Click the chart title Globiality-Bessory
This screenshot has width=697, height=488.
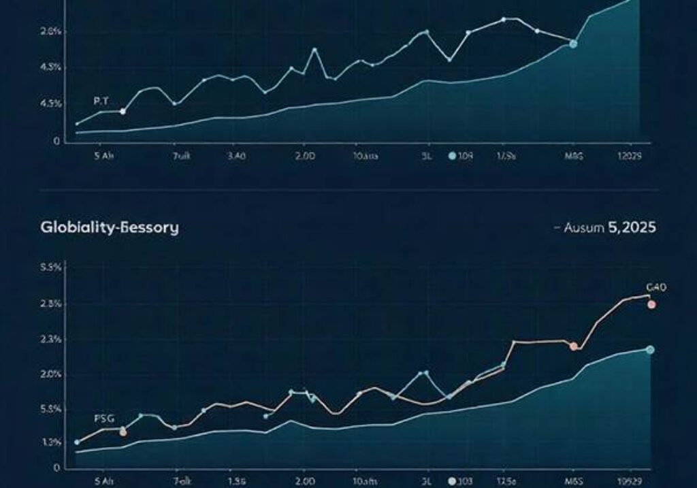110,227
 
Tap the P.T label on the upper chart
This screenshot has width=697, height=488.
101,100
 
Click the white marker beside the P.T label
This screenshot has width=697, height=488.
123,111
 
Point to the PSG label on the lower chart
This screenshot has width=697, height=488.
104,418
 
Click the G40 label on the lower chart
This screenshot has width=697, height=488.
656,287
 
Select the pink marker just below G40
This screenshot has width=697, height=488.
651,304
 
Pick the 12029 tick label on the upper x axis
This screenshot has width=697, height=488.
628,156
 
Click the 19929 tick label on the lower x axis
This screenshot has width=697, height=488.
629,481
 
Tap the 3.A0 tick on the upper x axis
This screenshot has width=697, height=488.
235,156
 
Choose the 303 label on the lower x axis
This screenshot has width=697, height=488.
466,481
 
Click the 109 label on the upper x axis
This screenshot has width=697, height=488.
466,156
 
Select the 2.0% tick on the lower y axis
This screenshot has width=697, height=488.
52,374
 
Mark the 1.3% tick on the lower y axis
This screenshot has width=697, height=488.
52,442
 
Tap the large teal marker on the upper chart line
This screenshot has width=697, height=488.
573,44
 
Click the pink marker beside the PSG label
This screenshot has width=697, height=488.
123,432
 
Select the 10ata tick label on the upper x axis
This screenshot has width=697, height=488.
365,156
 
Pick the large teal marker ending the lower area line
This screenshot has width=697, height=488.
650,350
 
